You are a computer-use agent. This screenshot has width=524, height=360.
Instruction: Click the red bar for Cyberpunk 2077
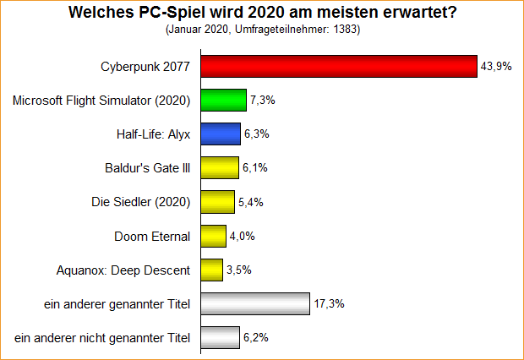point(338,66)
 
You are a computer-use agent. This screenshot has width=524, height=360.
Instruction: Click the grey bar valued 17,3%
point(253,304)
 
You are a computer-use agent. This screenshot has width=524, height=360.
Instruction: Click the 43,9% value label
point(496,67)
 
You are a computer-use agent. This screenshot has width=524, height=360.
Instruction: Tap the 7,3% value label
point(262,101)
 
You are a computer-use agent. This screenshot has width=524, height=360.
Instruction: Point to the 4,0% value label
point(242,237)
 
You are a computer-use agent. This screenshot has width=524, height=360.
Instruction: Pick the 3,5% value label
point(238,270)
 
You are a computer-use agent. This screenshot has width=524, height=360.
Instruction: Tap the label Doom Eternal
point(152,236)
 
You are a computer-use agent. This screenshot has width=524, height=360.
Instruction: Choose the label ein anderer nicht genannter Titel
point(102,338)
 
